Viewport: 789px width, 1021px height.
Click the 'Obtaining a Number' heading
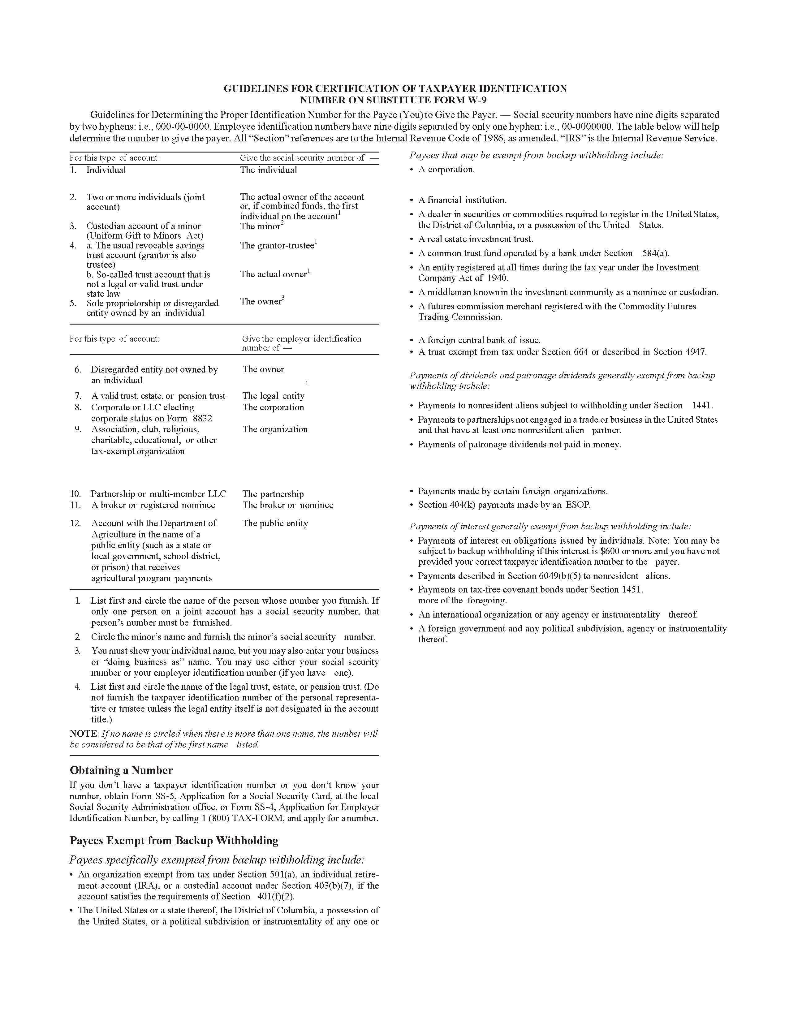(121, 770)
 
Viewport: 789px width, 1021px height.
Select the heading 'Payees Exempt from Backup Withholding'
(174, 841)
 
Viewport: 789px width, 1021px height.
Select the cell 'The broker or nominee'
(287, 505)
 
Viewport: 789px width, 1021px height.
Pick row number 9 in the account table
(78, 429)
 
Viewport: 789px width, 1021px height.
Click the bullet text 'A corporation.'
(446, 170)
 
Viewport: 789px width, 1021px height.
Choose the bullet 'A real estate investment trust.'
(475, 239)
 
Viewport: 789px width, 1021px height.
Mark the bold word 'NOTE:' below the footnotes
(84, 734)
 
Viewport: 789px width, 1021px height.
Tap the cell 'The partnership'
(273, 494)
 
